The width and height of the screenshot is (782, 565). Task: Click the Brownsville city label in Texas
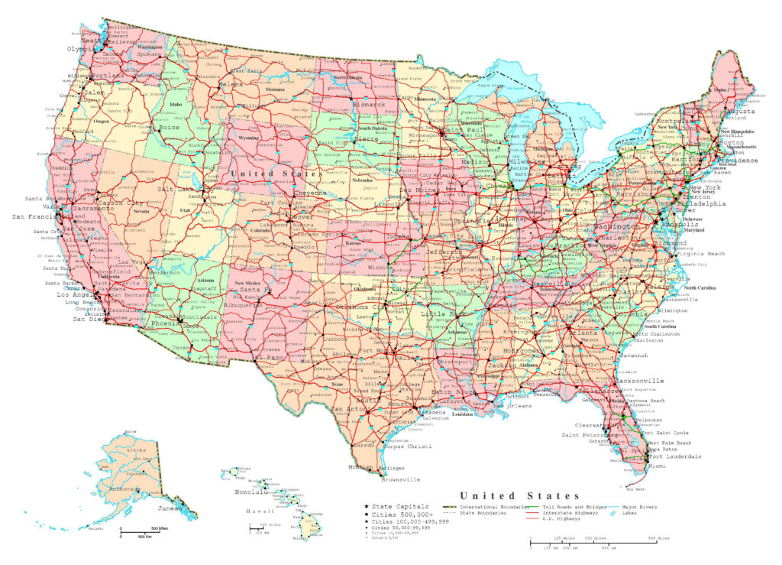[x=401, y=479]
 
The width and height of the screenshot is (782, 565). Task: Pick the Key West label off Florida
[x=635, y=489]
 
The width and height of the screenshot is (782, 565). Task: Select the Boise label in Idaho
[x=170, y=127]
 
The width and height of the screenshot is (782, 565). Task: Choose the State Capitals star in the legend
[x=367, y=507]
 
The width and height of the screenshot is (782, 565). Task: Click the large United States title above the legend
[x=520, y=496]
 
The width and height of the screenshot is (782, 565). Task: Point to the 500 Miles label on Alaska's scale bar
[x=159, y=528]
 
